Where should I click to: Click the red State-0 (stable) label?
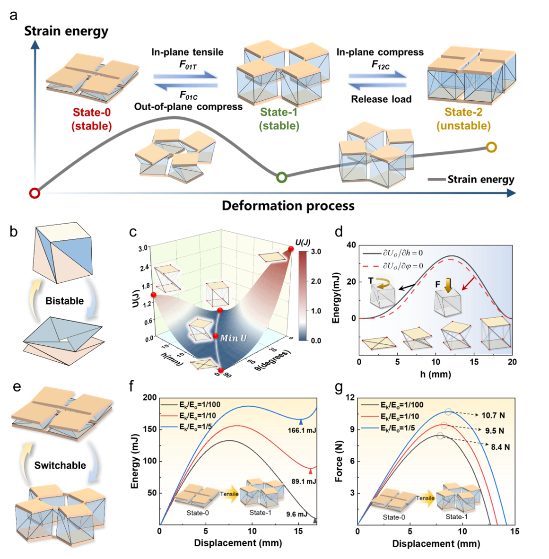tap(92, 119)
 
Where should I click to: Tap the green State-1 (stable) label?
tap(279, 119)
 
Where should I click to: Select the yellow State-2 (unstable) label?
tap(463, 119)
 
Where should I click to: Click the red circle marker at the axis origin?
tap(35, 193)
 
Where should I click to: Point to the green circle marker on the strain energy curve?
tap(281, 177)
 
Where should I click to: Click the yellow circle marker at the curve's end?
tap(492, 147)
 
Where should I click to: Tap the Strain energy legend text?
tap(480, 180)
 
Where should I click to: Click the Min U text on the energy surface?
tap(233, 338)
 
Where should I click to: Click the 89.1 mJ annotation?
tap(304, 481)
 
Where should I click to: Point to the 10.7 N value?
tap(493, 416)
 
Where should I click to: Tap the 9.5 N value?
tap(495, 431)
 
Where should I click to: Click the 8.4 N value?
tap(500, 447)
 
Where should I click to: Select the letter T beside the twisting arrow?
tap(371, 281)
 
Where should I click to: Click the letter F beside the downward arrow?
tap(438, 284)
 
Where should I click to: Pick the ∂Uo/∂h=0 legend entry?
tap(403, 253)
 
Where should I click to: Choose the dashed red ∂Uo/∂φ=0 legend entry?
tap(403, 266)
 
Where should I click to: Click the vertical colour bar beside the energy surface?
tap(303, 296)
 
